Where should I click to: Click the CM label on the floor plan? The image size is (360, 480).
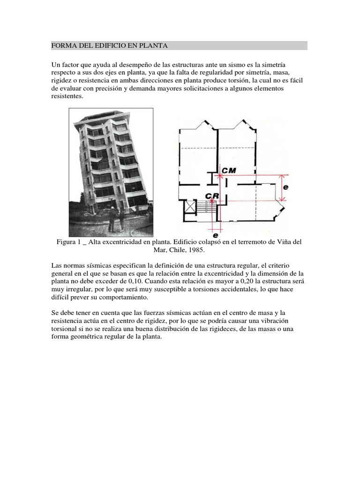tap(229, 171)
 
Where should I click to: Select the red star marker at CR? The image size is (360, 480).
tap(212, 201)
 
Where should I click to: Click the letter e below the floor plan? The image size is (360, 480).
tap(216, 235)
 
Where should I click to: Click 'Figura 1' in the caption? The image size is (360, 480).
tap(69, 241)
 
